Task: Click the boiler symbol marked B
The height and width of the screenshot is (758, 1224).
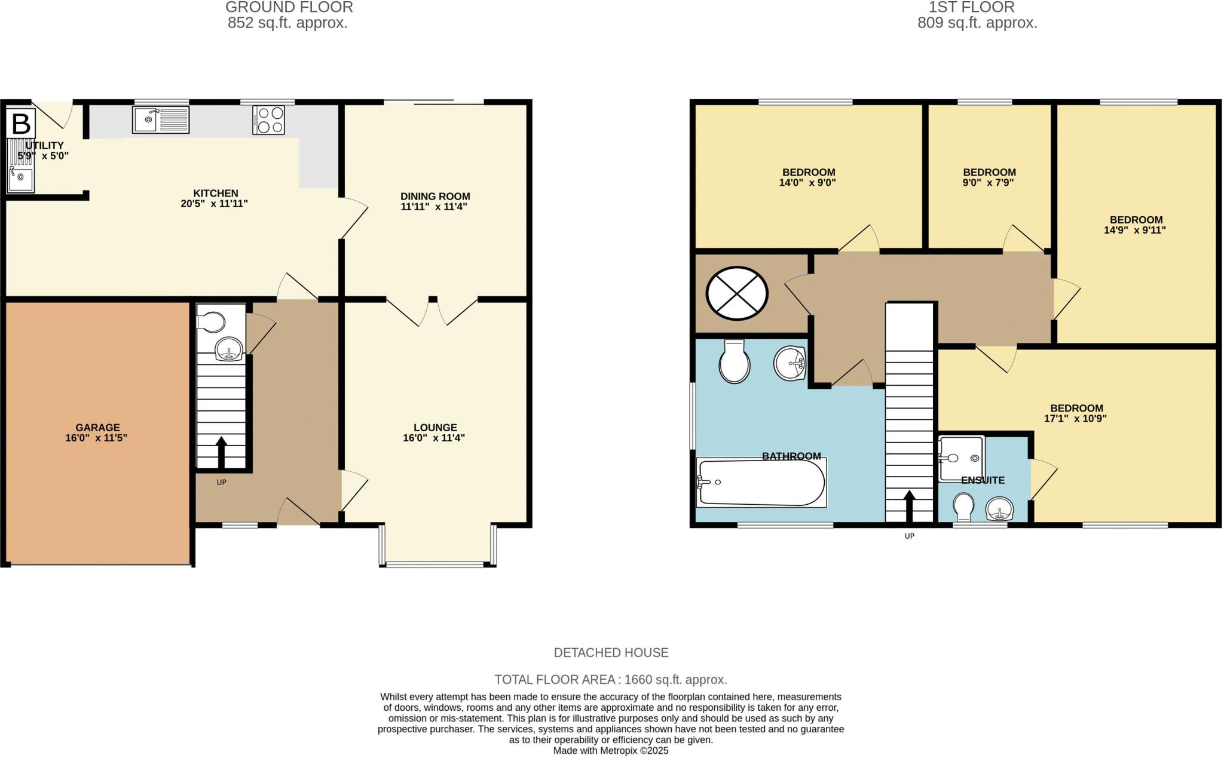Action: click(21, 124)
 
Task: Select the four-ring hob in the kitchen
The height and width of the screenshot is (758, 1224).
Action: click(268, 120)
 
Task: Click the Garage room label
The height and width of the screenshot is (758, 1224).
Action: click(97, 428)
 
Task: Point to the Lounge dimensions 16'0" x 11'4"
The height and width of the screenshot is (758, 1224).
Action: click(434, 438)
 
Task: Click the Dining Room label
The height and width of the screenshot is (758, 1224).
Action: click(435, 197)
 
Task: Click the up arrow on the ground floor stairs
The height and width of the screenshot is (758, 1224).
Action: click(221, 452)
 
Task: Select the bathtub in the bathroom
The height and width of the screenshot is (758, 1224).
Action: click(761, 483)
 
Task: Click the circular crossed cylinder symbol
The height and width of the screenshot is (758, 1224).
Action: click(737, 293)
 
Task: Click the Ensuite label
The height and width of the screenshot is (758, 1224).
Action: click(983, 480)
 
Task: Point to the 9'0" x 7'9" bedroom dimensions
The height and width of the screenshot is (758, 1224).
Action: click(989, 183)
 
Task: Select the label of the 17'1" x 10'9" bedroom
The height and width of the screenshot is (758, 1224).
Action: click(1076, 409)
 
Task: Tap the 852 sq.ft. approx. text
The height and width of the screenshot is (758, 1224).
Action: click(287, 23)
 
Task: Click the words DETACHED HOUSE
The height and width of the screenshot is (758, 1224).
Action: click(611, 653)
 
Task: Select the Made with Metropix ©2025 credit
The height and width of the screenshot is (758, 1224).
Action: click(611, 751)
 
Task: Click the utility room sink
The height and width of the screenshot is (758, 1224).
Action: click(21, 179)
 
